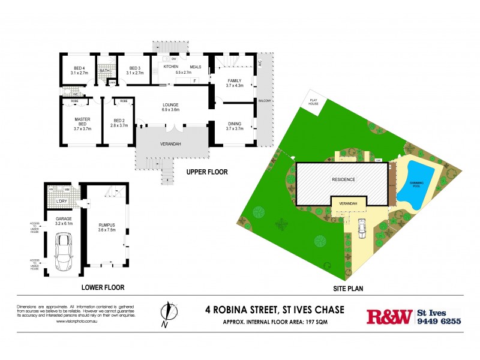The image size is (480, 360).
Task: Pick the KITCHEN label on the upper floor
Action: pyautogui.click(x=164, y=67)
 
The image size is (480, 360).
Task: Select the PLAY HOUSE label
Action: pyautogui.click(x=313, y=101)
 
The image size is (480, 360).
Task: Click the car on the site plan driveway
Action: pyautogui.click(x=362, y=227)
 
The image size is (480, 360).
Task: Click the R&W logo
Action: pyautogui.click(x=389, y=316)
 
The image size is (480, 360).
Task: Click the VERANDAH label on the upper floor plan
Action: pyautogui.click(x=172, y=145)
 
